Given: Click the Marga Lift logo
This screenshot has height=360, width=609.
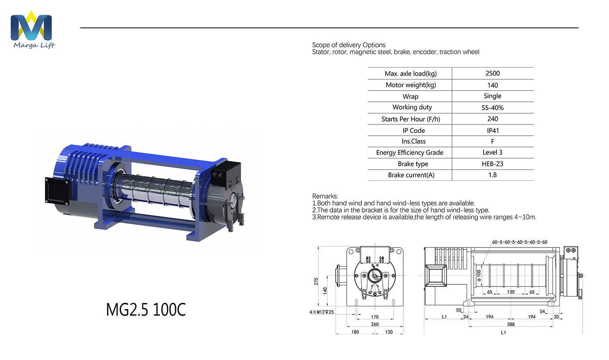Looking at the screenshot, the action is click(32, 29).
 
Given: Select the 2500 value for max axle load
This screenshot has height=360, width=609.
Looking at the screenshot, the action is click(492, 73).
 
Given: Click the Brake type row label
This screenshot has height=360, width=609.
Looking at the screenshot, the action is click(413, 164).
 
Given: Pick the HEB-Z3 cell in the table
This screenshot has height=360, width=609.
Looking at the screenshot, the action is click(492, 164).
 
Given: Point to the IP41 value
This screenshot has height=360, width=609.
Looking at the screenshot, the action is click(492, 130).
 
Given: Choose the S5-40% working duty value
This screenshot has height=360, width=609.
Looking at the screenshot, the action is click(492, 108).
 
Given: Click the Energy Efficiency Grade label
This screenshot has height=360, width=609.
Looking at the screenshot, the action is click(409, 153).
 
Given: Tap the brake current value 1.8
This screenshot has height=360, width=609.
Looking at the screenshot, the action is click(492, 175).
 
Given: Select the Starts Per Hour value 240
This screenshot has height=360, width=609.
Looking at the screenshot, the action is click(492, 119).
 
